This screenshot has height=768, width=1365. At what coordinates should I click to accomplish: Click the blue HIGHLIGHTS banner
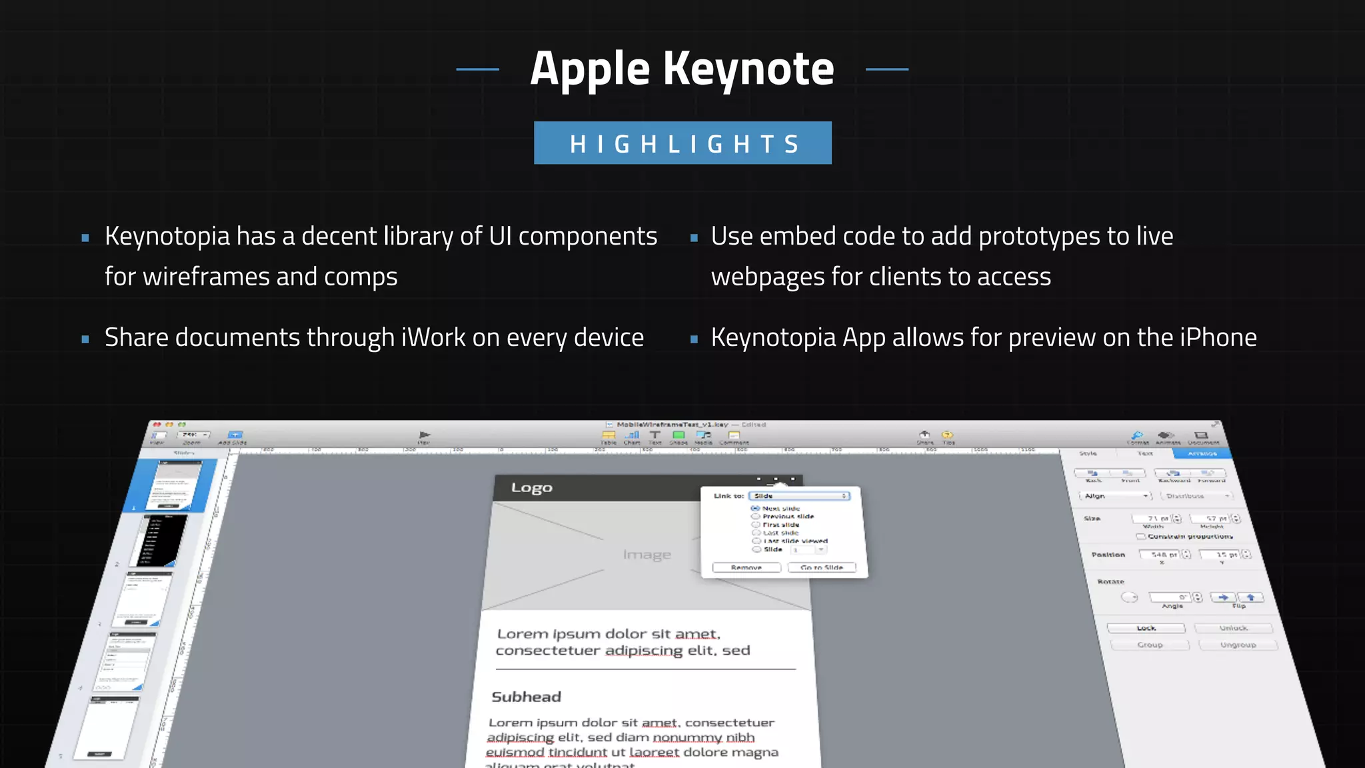(682, 143)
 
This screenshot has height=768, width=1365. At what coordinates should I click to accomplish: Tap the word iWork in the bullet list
(433, 338)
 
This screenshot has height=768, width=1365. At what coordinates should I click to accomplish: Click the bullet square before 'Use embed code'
(694, 238)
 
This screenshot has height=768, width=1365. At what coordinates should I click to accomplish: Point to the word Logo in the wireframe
(531, 488)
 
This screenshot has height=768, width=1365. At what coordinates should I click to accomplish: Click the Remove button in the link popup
(746, 567)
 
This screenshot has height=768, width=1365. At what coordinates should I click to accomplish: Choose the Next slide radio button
(755, 508)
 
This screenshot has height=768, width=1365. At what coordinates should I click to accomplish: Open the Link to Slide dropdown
(800, 496)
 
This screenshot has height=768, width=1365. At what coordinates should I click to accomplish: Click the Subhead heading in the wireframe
(526, 697)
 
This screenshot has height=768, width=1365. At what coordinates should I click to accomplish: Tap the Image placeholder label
(647, 555)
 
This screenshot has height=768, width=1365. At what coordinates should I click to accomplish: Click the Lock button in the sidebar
(1146, 628)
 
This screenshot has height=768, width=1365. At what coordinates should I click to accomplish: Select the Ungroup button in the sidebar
(1238, 645)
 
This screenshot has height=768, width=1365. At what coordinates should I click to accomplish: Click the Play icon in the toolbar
(424, 435)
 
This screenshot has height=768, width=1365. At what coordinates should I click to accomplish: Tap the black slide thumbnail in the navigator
(162, 540)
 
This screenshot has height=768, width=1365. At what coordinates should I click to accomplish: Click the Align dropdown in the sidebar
(1115, 496)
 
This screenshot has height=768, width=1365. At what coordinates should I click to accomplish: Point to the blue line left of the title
(477, 69)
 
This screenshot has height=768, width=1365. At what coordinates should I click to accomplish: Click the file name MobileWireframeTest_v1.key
(672, 425)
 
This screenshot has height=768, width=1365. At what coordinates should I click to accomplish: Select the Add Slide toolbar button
(234, 435)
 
